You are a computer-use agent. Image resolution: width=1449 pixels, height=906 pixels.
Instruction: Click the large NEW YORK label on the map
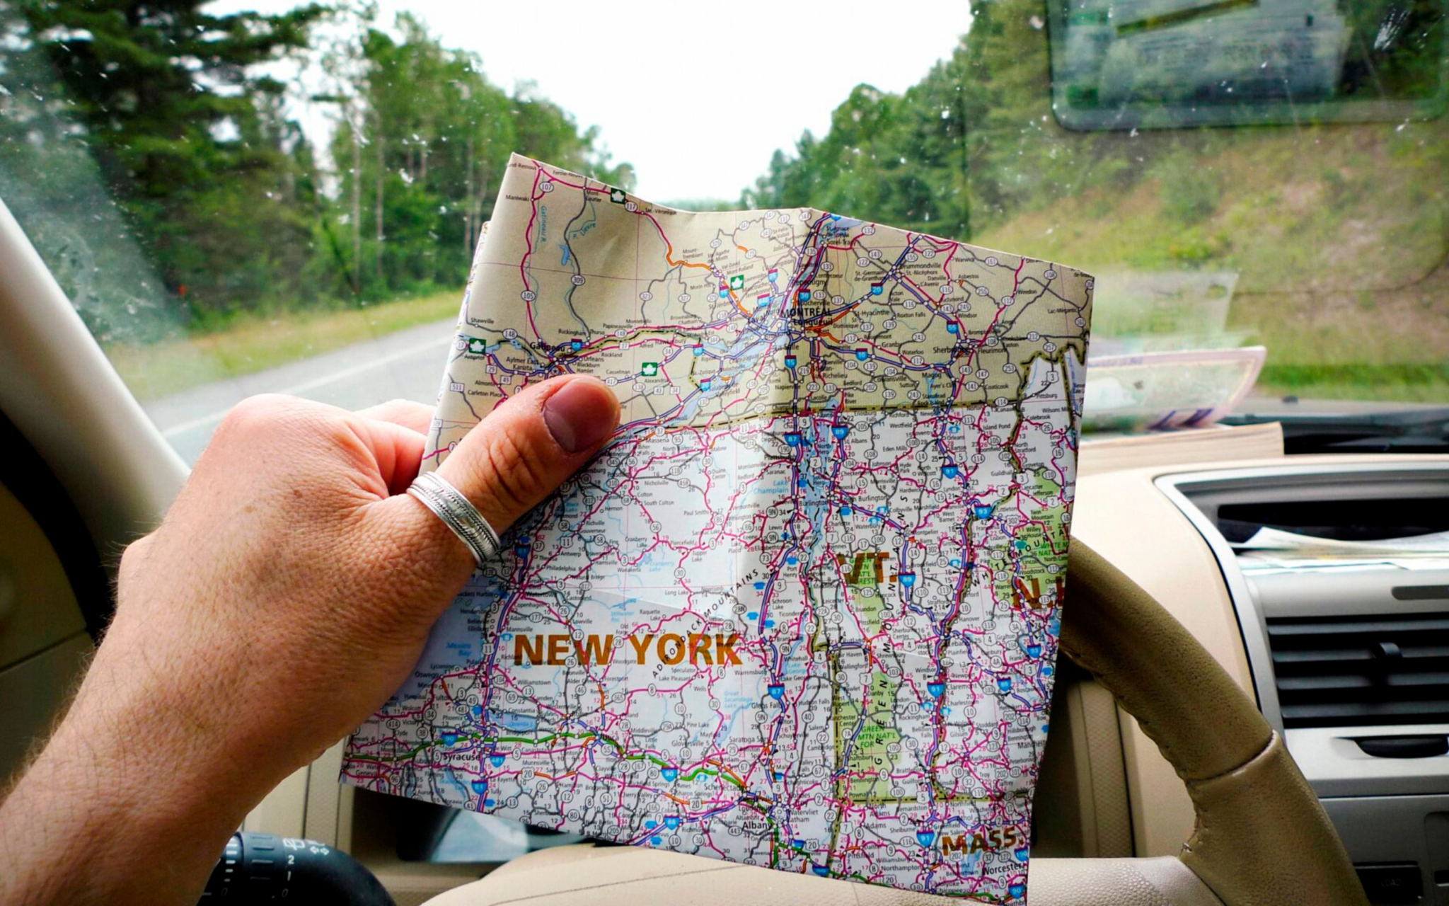[625, 650]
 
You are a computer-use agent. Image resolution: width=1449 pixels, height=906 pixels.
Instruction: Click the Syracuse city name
[461, 757]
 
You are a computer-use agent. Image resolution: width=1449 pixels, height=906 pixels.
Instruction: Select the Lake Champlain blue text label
[771, 490]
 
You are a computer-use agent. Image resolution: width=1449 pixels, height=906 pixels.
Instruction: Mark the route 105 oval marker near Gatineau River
[527, 294]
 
